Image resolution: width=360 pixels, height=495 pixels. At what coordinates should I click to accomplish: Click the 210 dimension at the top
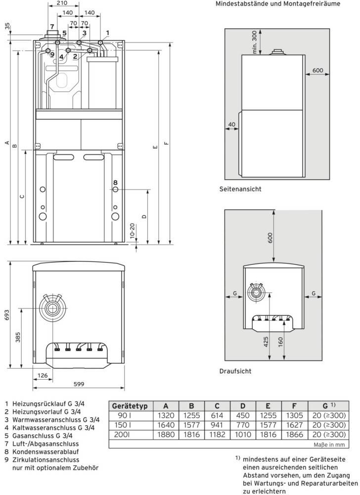[x=62, y=3]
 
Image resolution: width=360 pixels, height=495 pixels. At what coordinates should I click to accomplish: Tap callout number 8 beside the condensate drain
[x=115, y=183]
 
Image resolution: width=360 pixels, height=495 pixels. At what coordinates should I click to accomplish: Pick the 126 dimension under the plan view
[x=43, y=376]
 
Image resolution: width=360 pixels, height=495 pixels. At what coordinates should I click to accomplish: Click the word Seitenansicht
[x=240, y=189]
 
